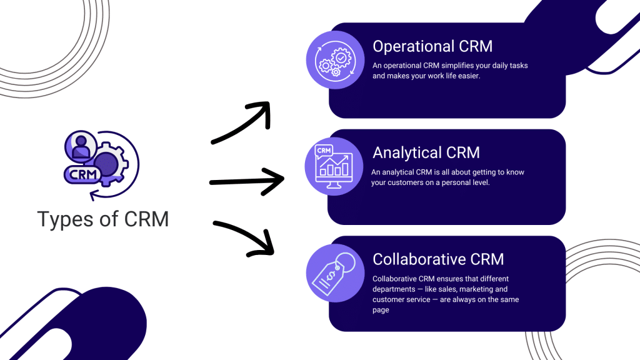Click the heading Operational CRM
coord(432,46)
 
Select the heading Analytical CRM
coord(426,152)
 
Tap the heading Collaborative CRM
coord(438,259)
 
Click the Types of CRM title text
coord(103,219)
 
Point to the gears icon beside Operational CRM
coord(335,60)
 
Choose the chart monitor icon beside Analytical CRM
coord(334,166)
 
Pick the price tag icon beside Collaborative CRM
coord(334,273)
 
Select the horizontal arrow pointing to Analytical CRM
coord(246,181)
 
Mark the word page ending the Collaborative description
coord(381,310)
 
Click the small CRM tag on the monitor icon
coord(324,151)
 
